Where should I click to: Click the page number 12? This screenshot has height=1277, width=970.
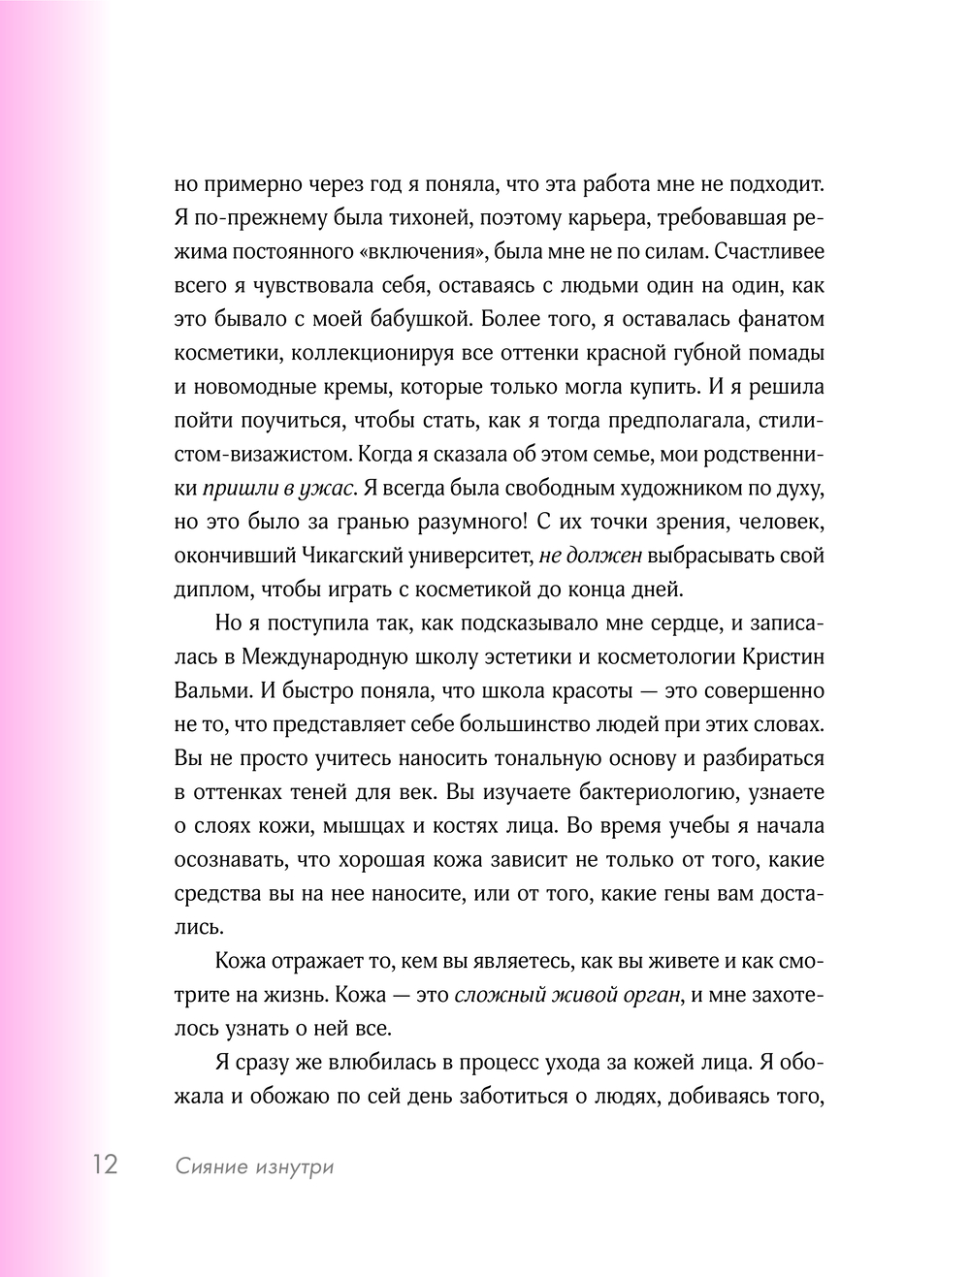105,1164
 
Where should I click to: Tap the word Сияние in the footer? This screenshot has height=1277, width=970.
210,1166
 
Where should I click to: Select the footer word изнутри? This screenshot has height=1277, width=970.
294,1166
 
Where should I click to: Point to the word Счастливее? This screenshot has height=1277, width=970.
768,251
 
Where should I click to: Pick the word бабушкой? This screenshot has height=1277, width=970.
424,319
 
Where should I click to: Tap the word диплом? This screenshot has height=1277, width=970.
213,589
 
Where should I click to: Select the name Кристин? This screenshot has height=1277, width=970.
783,656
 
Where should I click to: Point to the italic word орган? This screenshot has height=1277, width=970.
651,995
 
